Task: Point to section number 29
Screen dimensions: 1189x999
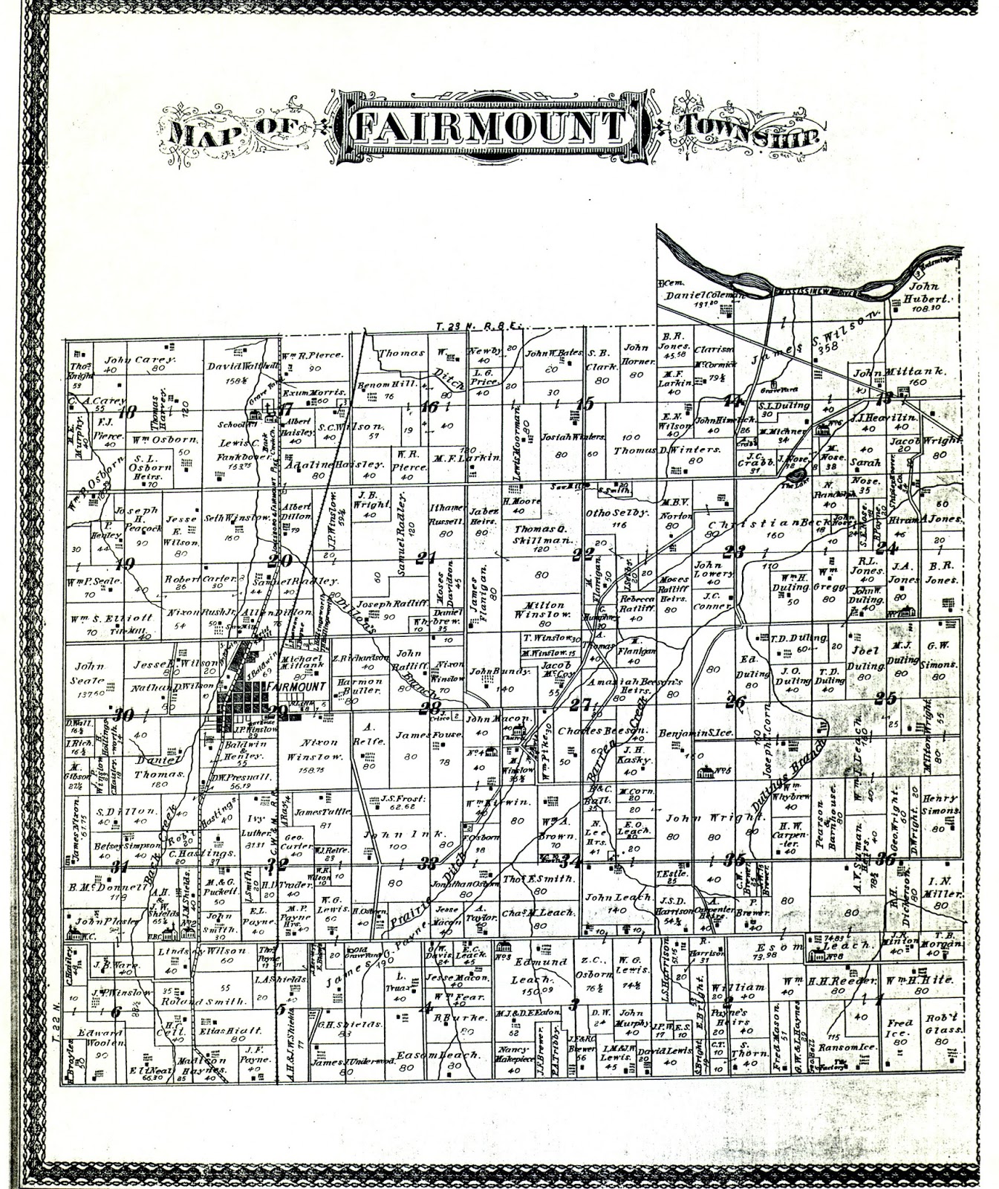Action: tap(278, 712)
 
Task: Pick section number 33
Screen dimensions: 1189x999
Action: tap(428, 863)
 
